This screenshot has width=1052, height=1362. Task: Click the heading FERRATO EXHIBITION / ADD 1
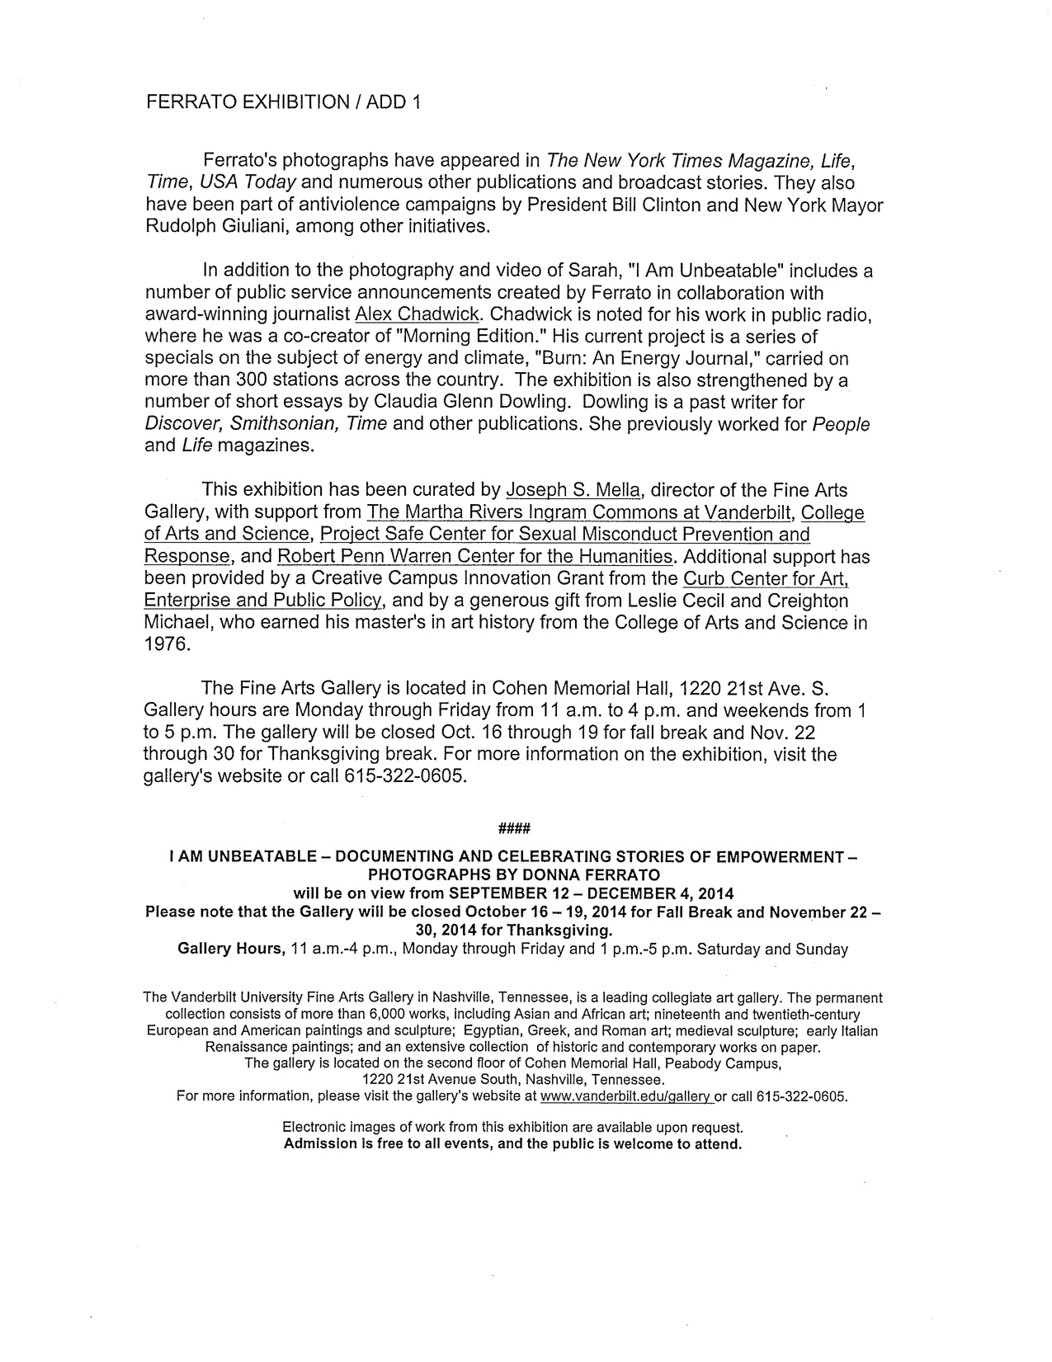coord(283,102)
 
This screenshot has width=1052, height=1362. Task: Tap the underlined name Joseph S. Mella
coord(573,491)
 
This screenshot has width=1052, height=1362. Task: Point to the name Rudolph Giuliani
coord(213,226)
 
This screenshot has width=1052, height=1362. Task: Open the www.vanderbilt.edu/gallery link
coord(625,1097)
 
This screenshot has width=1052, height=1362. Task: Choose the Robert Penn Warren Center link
coord(475,557)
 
